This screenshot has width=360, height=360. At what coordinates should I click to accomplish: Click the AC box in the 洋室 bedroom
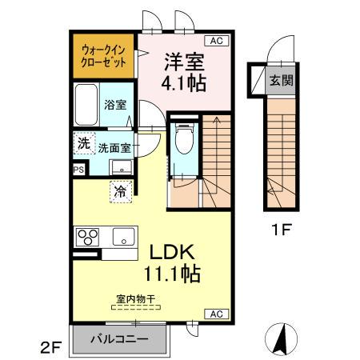[x=215, y=40]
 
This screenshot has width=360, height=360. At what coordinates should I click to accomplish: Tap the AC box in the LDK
[x=215, y=313]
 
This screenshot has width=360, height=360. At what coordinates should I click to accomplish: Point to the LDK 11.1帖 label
[x=171, y=262]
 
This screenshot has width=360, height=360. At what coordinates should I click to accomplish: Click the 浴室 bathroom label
[x=114, y=104]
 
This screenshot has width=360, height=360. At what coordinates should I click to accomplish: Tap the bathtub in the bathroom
[x=86, y=105]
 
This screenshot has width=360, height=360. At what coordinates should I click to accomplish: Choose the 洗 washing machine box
[x=83, y=144]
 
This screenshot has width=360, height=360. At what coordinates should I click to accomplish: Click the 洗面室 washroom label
[x=114, y=148]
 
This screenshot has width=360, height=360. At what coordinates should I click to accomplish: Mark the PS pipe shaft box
[x=78, y=170]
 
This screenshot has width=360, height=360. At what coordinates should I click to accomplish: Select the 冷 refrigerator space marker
[x=119, y=191]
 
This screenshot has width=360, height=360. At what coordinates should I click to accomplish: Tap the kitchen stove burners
[x=87, y=237]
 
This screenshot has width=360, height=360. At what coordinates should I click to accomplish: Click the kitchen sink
[x=124, y=237]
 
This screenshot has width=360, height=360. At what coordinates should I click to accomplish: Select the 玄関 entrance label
[x=280, y=80]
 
